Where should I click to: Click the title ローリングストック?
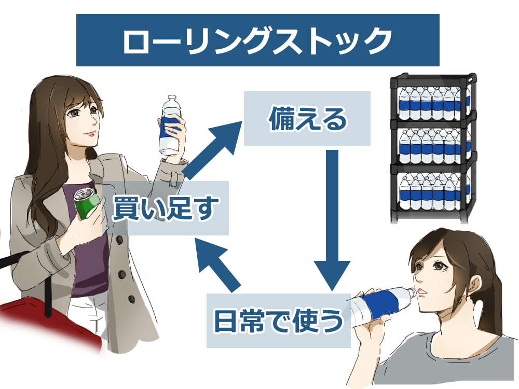257,40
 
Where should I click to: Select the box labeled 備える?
307,119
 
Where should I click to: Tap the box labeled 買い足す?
165,207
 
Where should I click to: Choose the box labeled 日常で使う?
279,321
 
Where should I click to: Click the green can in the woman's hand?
85,204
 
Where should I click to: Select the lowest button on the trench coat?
131,299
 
